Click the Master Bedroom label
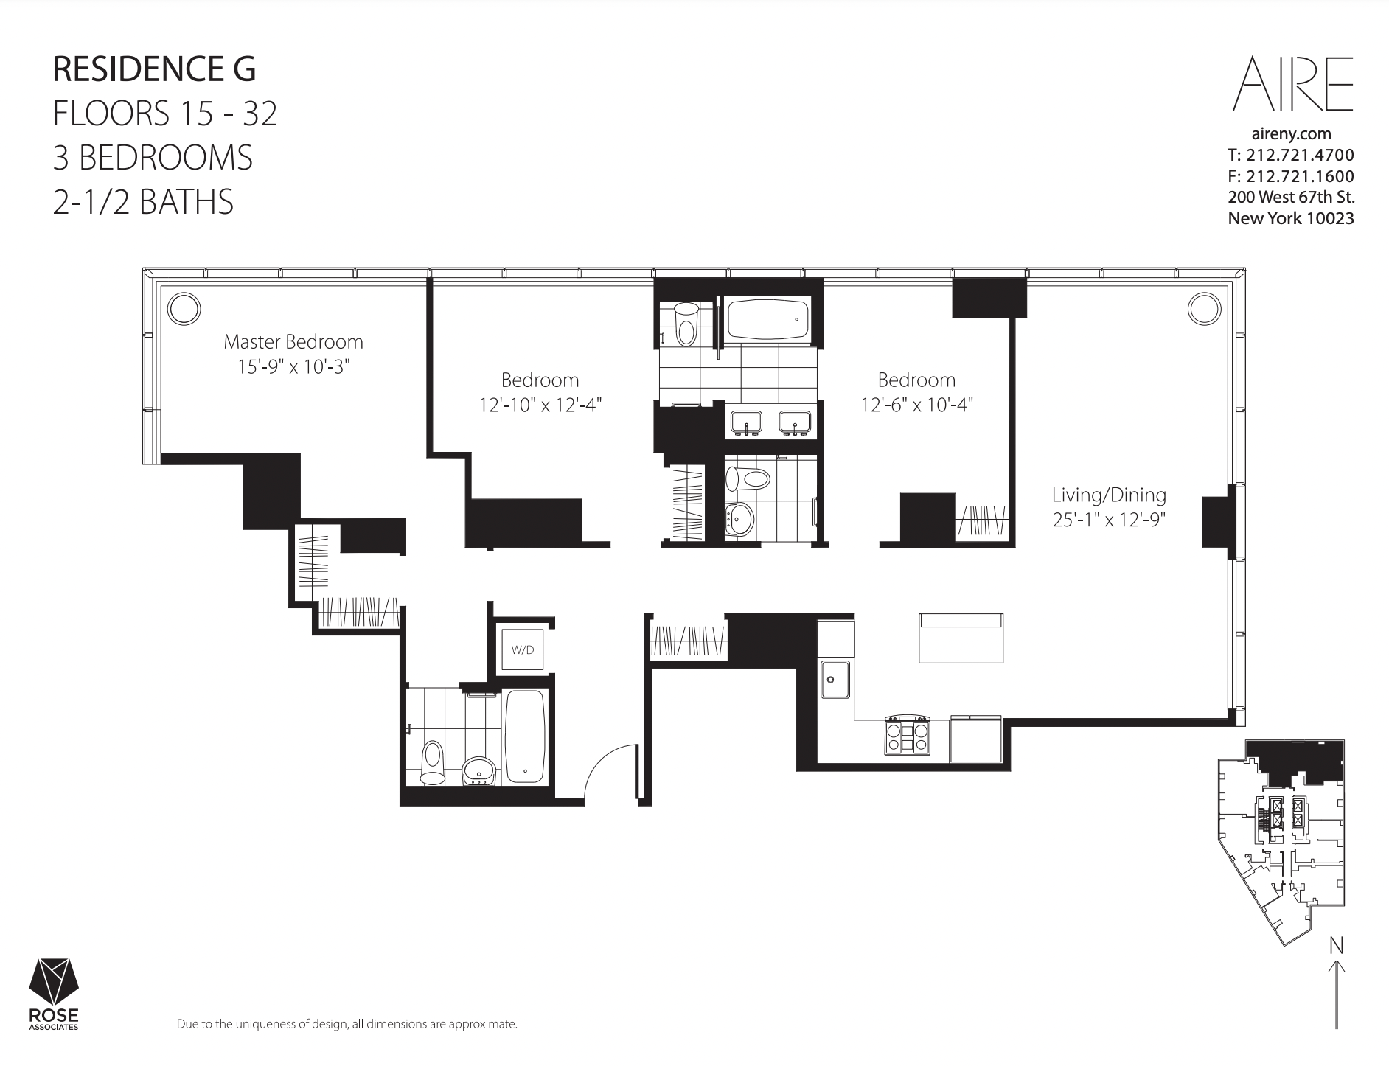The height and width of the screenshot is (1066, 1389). coord(293,342)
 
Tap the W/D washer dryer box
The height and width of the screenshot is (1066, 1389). coord(522,649)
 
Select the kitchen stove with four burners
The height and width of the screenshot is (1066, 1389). coord(908,735)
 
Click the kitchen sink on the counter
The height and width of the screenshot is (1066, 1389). coord(835,679)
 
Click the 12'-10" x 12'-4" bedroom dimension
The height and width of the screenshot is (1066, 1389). coord(540,405)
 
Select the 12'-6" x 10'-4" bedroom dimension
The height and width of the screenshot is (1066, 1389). coord(916,405)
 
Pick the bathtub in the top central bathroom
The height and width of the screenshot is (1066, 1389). coord(769,318)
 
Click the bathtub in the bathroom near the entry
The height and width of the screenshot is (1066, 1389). coord(526,736)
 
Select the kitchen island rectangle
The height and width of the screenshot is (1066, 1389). coord(961,638)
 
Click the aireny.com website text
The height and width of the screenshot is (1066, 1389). coord(1292,134)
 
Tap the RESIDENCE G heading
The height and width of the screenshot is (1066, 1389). coord(154,69)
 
